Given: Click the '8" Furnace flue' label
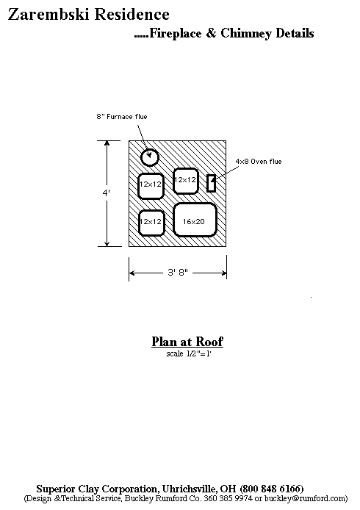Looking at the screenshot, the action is [122, 116].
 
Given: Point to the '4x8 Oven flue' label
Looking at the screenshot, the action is [259, 162].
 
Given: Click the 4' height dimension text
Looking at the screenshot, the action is [107, 193].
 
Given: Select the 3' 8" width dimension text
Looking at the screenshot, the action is [178, 272].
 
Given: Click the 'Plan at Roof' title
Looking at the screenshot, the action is [187, 342].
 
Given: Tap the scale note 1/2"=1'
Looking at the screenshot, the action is [189, 353].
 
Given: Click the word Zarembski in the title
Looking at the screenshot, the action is [48, 15].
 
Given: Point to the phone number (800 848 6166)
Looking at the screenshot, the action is [272, 489].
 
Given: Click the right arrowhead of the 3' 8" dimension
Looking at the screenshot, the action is [223, 273].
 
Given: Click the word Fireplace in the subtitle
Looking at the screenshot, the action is [176, 33].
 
